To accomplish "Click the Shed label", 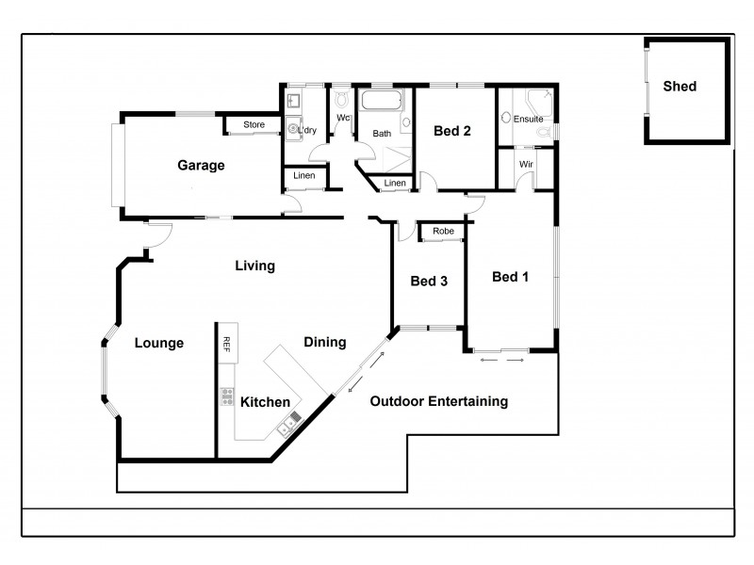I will click(x=680, y=87).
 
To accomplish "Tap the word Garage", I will click(x=201, y=166).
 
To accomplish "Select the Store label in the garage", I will click(x=254, y=124).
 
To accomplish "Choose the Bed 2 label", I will click(x=452, y=132).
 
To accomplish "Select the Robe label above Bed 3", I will click(x=443, y=231).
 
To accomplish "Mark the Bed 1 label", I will click(x=510, y=277).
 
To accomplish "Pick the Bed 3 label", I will click(x=429, y=281).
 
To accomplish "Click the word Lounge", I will click(x=158, y=343).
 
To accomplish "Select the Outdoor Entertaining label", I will click(x=438, y=401).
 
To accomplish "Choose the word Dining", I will click(x=324, y=342).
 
